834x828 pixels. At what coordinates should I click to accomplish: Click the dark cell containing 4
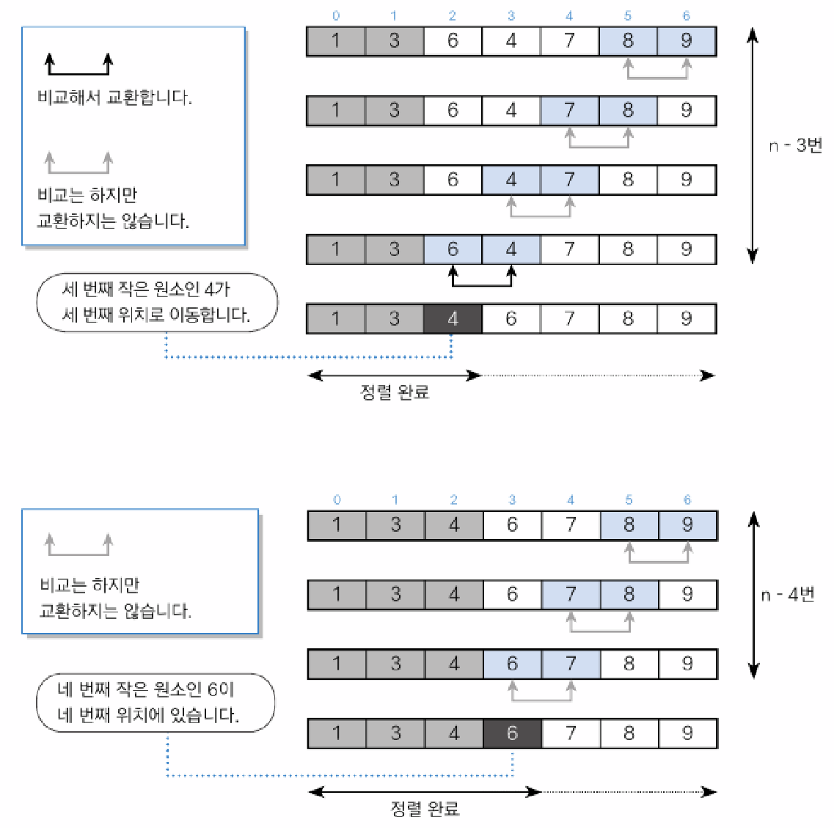(453, 319)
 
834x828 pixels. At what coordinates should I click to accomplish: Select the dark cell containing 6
(512, 733)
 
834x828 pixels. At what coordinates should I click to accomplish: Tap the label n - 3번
(795, 145)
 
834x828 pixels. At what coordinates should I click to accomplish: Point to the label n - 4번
(788, 594)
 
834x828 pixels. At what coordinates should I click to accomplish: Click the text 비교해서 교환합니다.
(114, 98)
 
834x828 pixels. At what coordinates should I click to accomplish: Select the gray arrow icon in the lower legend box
(78, 546)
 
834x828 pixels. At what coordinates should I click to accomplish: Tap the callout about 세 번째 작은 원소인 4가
(157, 302)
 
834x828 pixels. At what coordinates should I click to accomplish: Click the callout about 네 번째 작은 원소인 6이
(156, 703)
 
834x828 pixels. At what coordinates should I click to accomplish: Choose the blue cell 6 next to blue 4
(453, 249)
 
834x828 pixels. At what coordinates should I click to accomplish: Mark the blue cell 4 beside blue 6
(511, 249)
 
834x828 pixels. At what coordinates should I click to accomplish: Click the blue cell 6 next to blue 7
(512, 664)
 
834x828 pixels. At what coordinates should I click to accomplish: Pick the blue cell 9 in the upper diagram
(686, 41)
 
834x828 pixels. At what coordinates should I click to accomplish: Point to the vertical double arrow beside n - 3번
(752, 145)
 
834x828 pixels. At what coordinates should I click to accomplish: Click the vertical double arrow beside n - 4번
(753, 594)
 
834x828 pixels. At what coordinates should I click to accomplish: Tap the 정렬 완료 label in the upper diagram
(395, 392)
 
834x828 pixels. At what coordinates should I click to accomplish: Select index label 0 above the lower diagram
(337, 500)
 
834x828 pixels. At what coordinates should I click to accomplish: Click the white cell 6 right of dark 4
(511, 319)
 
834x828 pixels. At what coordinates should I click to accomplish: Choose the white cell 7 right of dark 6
(571, 733)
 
